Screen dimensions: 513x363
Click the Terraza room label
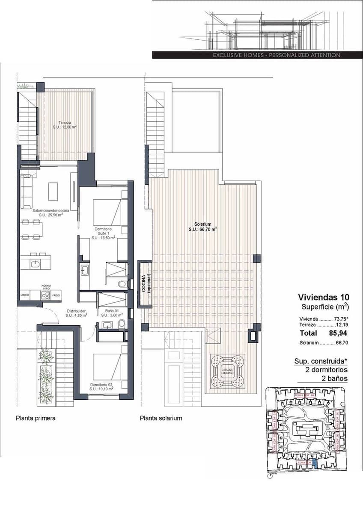click(65, 124)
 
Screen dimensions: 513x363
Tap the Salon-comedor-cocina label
click(48, 212)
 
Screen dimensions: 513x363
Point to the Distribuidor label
click(76, 313)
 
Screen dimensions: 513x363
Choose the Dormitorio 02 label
click(101, 387)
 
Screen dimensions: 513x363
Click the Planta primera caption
click(36, 418)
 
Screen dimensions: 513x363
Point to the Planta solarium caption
click(161, 418)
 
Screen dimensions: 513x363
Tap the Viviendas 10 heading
click(324, 297)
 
